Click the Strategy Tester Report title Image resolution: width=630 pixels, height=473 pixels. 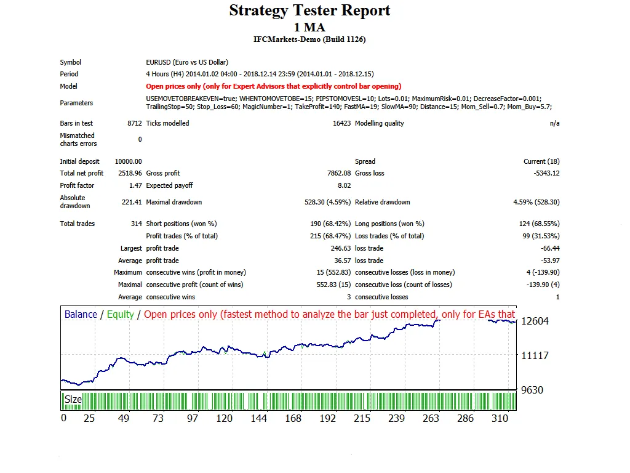(309, 10)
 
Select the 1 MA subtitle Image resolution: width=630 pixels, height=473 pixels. (309, 27)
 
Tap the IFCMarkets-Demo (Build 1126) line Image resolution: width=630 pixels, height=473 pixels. (309, 39)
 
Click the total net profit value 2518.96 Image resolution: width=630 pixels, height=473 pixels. (130, 173)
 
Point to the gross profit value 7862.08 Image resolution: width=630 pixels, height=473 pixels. (338, 173)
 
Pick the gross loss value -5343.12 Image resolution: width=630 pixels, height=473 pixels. (546, 173)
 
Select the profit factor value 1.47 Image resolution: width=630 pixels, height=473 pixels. (135, 185)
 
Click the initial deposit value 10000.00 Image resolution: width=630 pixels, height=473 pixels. (128, 161)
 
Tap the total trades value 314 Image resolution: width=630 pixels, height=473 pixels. (136, 224)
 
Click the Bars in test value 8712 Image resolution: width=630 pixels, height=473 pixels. (134, 123)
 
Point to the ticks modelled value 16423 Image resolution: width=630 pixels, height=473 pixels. (341, 123)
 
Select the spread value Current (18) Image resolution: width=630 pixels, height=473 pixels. (541, 161)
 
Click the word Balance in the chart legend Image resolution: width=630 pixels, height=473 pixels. (81, 314)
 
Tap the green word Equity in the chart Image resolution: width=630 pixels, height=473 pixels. (120, 314)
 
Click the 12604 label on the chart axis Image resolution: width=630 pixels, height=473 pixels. (534, 321)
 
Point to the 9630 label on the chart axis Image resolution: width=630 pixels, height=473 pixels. (532, 390)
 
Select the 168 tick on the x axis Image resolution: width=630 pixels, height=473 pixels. (293, 418)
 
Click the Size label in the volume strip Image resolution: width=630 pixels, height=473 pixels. (73, 399)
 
